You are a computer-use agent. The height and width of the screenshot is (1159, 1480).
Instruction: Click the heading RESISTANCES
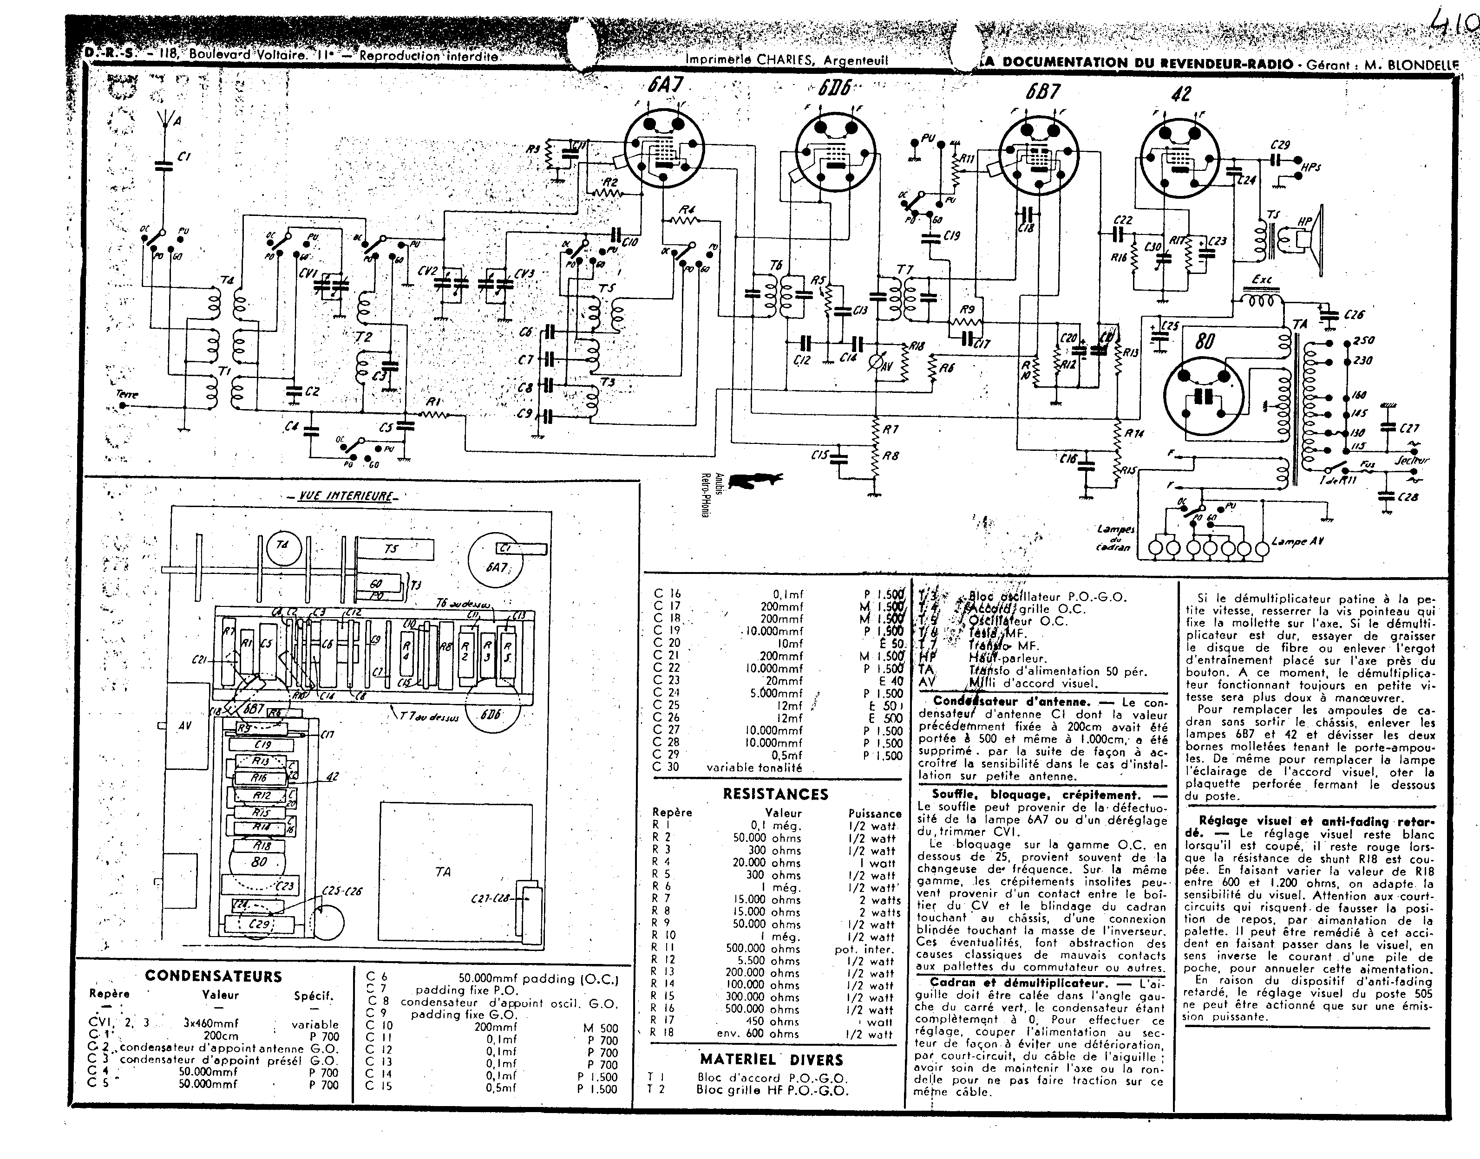[x=775, y=794]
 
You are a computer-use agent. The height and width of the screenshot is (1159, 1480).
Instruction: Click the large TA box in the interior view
[x=443, y=871]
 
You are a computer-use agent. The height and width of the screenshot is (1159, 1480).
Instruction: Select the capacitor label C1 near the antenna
[x=183, y=157]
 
